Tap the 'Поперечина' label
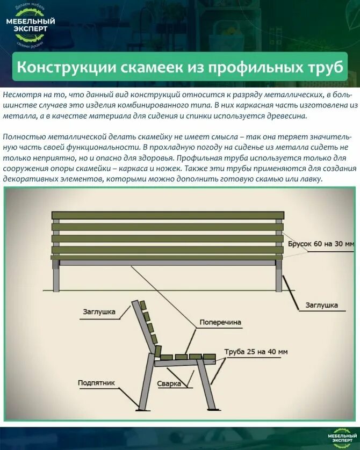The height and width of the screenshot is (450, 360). click(x=220, y=323)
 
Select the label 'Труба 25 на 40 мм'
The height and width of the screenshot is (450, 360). click(x=256, y=352)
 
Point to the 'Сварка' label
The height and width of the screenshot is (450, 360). click(x=168, y=384)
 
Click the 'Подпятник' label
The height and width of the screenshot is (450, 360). click(x=96, y=383)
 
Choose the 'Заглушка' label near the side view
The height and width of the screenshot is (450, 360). click(x=99, y=311)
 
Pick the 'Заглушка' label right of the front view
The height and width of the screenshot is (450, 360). click(x=321, y=305)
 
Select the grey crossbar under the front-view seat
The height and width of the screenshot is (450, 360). click(x=168, y=263)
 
